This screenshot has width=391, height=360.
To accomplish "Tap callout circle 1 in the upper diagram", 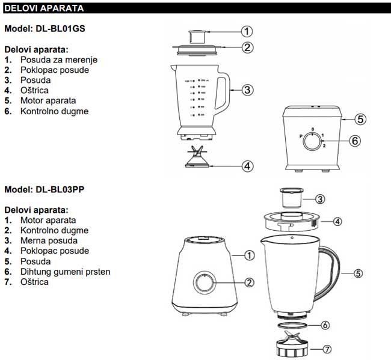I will point(247,31).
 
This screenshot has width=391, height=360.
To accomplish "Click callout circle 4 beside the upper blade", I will point(247,166).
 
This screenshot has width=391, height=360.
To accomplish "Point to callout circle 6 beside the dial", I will point(355,141).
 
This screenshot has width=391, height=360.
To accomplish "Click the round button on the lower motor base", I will point(205,282).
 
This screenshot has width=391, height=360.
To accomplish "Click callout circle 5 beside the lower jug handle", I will point(357,273).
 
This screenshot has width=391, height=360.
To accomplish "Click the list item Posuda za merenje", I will point(58,59).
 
